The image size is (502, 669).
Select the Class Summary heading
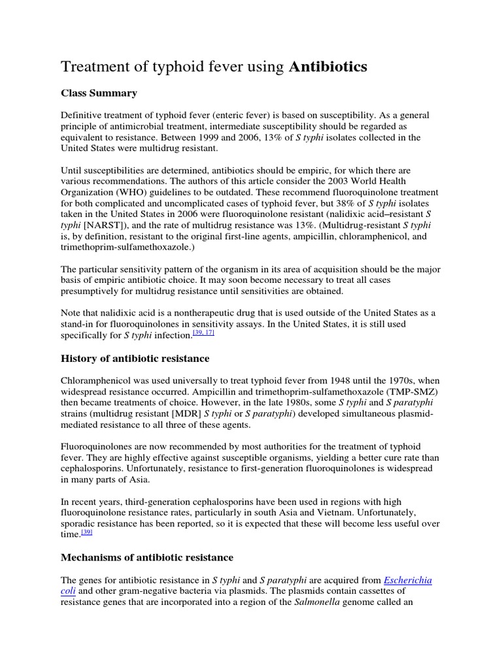click(99, 93)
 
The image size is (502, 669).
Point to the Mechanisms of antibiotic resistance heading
click(147, 557)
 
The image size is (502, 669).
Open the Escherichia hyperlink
click(408, 579)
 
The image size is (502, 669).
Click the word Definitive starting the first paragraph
click(83, 115)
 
